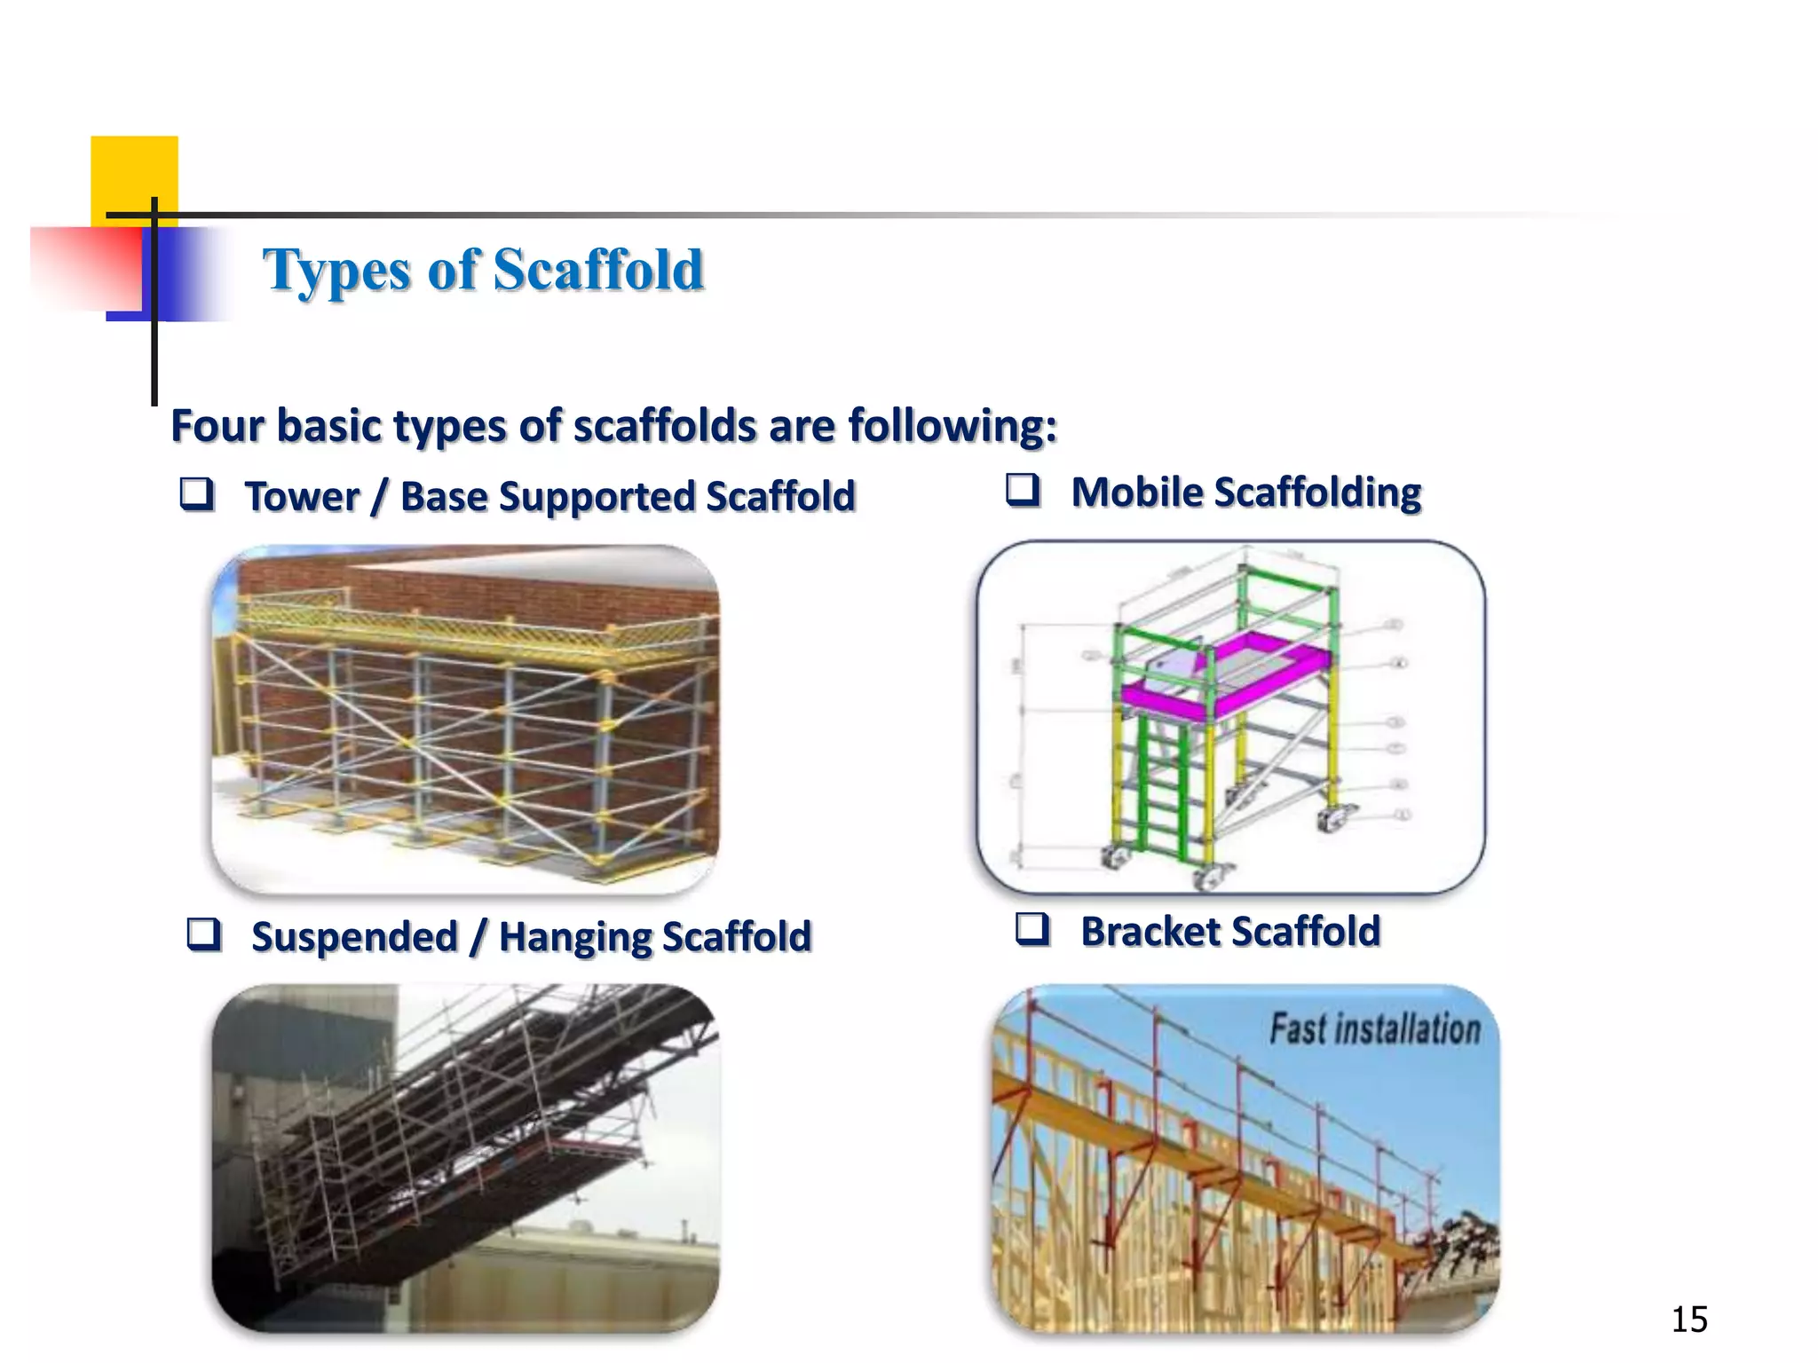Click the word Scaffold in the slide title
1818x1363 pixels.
click(597, 270)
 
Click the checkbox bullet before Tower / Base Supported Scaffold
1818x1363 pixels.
click(196, 493)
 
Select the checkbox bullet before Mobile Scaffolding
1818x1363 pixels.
click(1023, 489)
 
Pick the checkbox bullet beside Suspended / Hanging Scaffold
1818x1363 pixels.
click(203, 934)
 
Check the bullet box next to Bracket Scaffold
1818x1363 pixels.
click(1032, 929)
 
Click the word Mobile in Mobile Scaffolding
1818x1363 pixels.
click(1135, 492)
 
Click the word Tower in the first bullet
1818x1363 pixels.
click(302, 496)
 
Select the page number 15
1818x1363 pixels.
click(1688, 1320)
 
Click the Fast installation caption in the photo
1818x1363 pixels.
click(1374, 1029)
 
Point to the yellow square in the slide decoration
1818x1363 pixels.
click(133, 173)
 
